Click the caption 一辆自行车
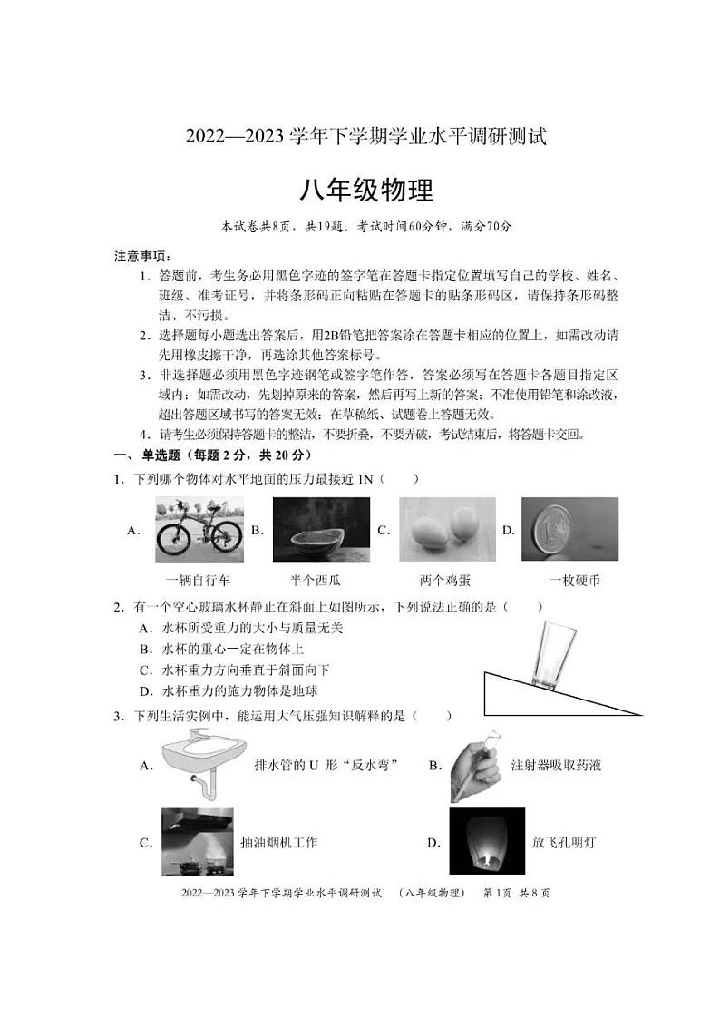point(198,580)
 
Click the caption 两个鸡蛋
point(445,580)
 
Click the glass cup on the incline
point(548,656)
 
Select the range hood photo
point(197,841)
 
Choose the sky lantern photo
point(485,841)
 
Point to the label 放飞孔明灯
point(564,842)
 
